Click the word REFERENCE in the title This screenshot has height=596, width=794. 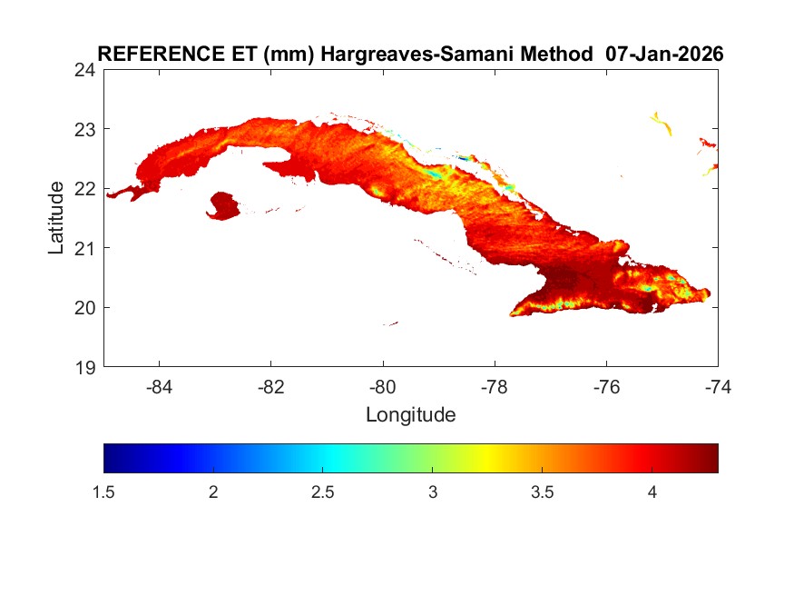click(x=142, y=54)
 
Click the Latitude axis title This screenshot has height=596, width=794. click(x=56, y=218)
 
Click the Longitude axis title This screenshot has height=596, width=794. click(x=410, y=415)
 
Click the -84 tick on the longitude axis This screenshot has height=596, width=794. click(x=160, y=386)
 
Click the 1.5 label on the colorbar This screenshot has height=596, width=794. click(x=104, y=492)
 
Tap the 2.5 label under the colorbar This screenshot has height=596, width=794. click(x=323, y=492)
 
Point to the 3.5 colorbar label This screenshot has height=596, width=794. click(x=543, y=492)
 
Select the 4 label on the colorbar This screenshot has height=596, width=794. click(x=652, y=492)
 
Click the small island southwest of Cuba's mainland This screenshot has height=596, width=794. click(x=223, y=205)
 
